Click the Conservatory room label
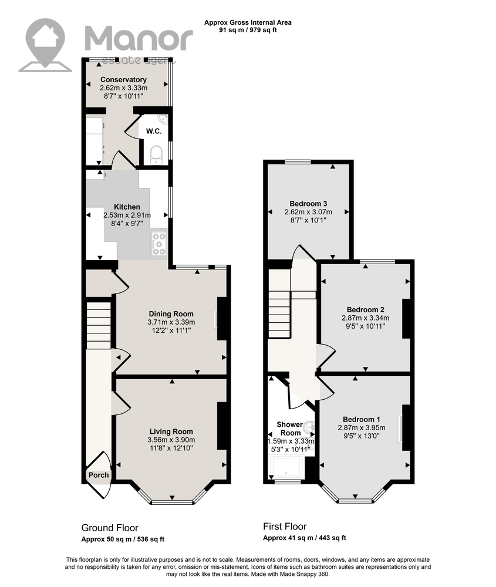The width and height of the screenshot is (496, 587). tap(123, 80)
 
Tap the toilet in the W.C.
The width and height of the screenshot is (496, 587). tap(156, 155)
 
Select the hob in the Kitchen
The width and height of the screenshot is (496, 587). tap(159, 244)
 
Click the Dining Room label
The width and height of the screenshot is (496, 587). tap(171, 314)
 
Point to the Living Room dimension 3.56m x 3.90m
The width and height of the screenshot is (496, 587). tap(171, 440)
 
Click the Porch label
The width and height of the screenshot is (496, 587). tap(99, 475)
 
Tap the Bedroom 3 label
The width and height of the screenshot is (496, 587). tap(308, 204)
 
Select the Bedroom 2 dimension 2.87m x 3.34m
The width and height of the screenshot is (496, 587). tap(365, 318)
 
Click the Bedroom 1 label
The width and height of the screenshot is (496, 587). tap(362, 419)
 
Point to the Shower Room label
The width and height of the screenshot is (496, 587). tap(290, 429)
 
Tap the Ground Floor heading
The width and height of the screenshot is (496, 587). tap(110, 528)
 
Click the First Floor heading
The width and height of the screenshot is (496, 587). tap(285, 527)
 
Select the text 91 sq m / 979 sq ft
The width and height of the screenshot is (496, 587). tap(248, 30)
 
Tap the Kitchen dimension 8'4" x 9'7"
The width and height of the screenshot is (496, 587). tap(127, 224)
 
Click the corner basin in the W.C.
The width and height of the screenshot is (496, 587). tap(163, 119)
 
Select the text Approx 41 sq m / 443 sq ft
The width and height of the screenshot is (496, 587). tap(304, 538)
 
